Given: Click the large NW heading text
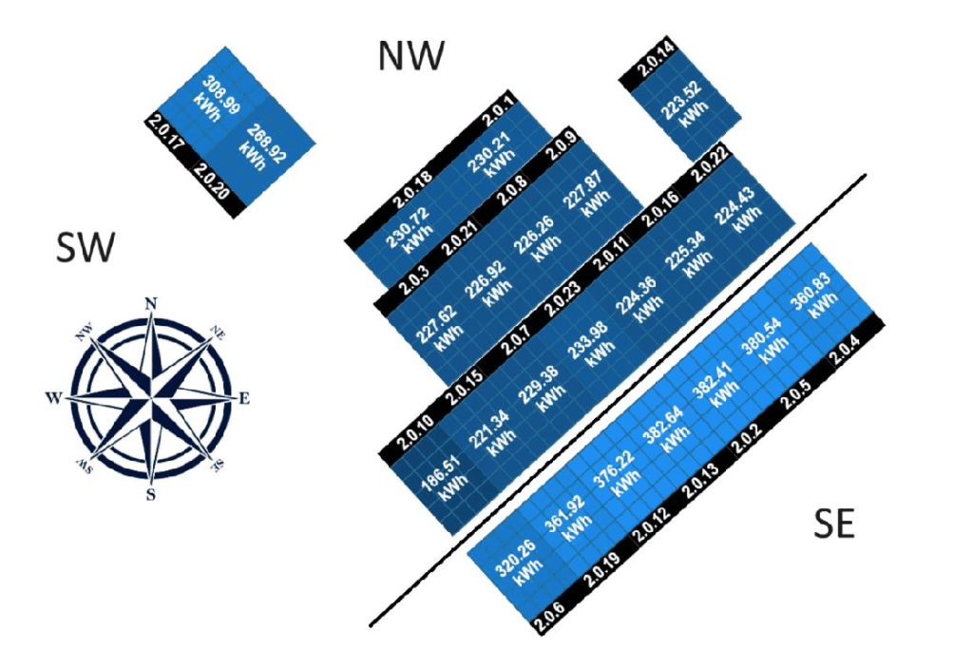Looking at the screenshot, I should (410, 56).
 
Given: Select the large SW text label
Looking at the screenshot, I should (86, 249).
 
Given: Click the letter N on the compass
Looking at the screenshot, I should (149, 302).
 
